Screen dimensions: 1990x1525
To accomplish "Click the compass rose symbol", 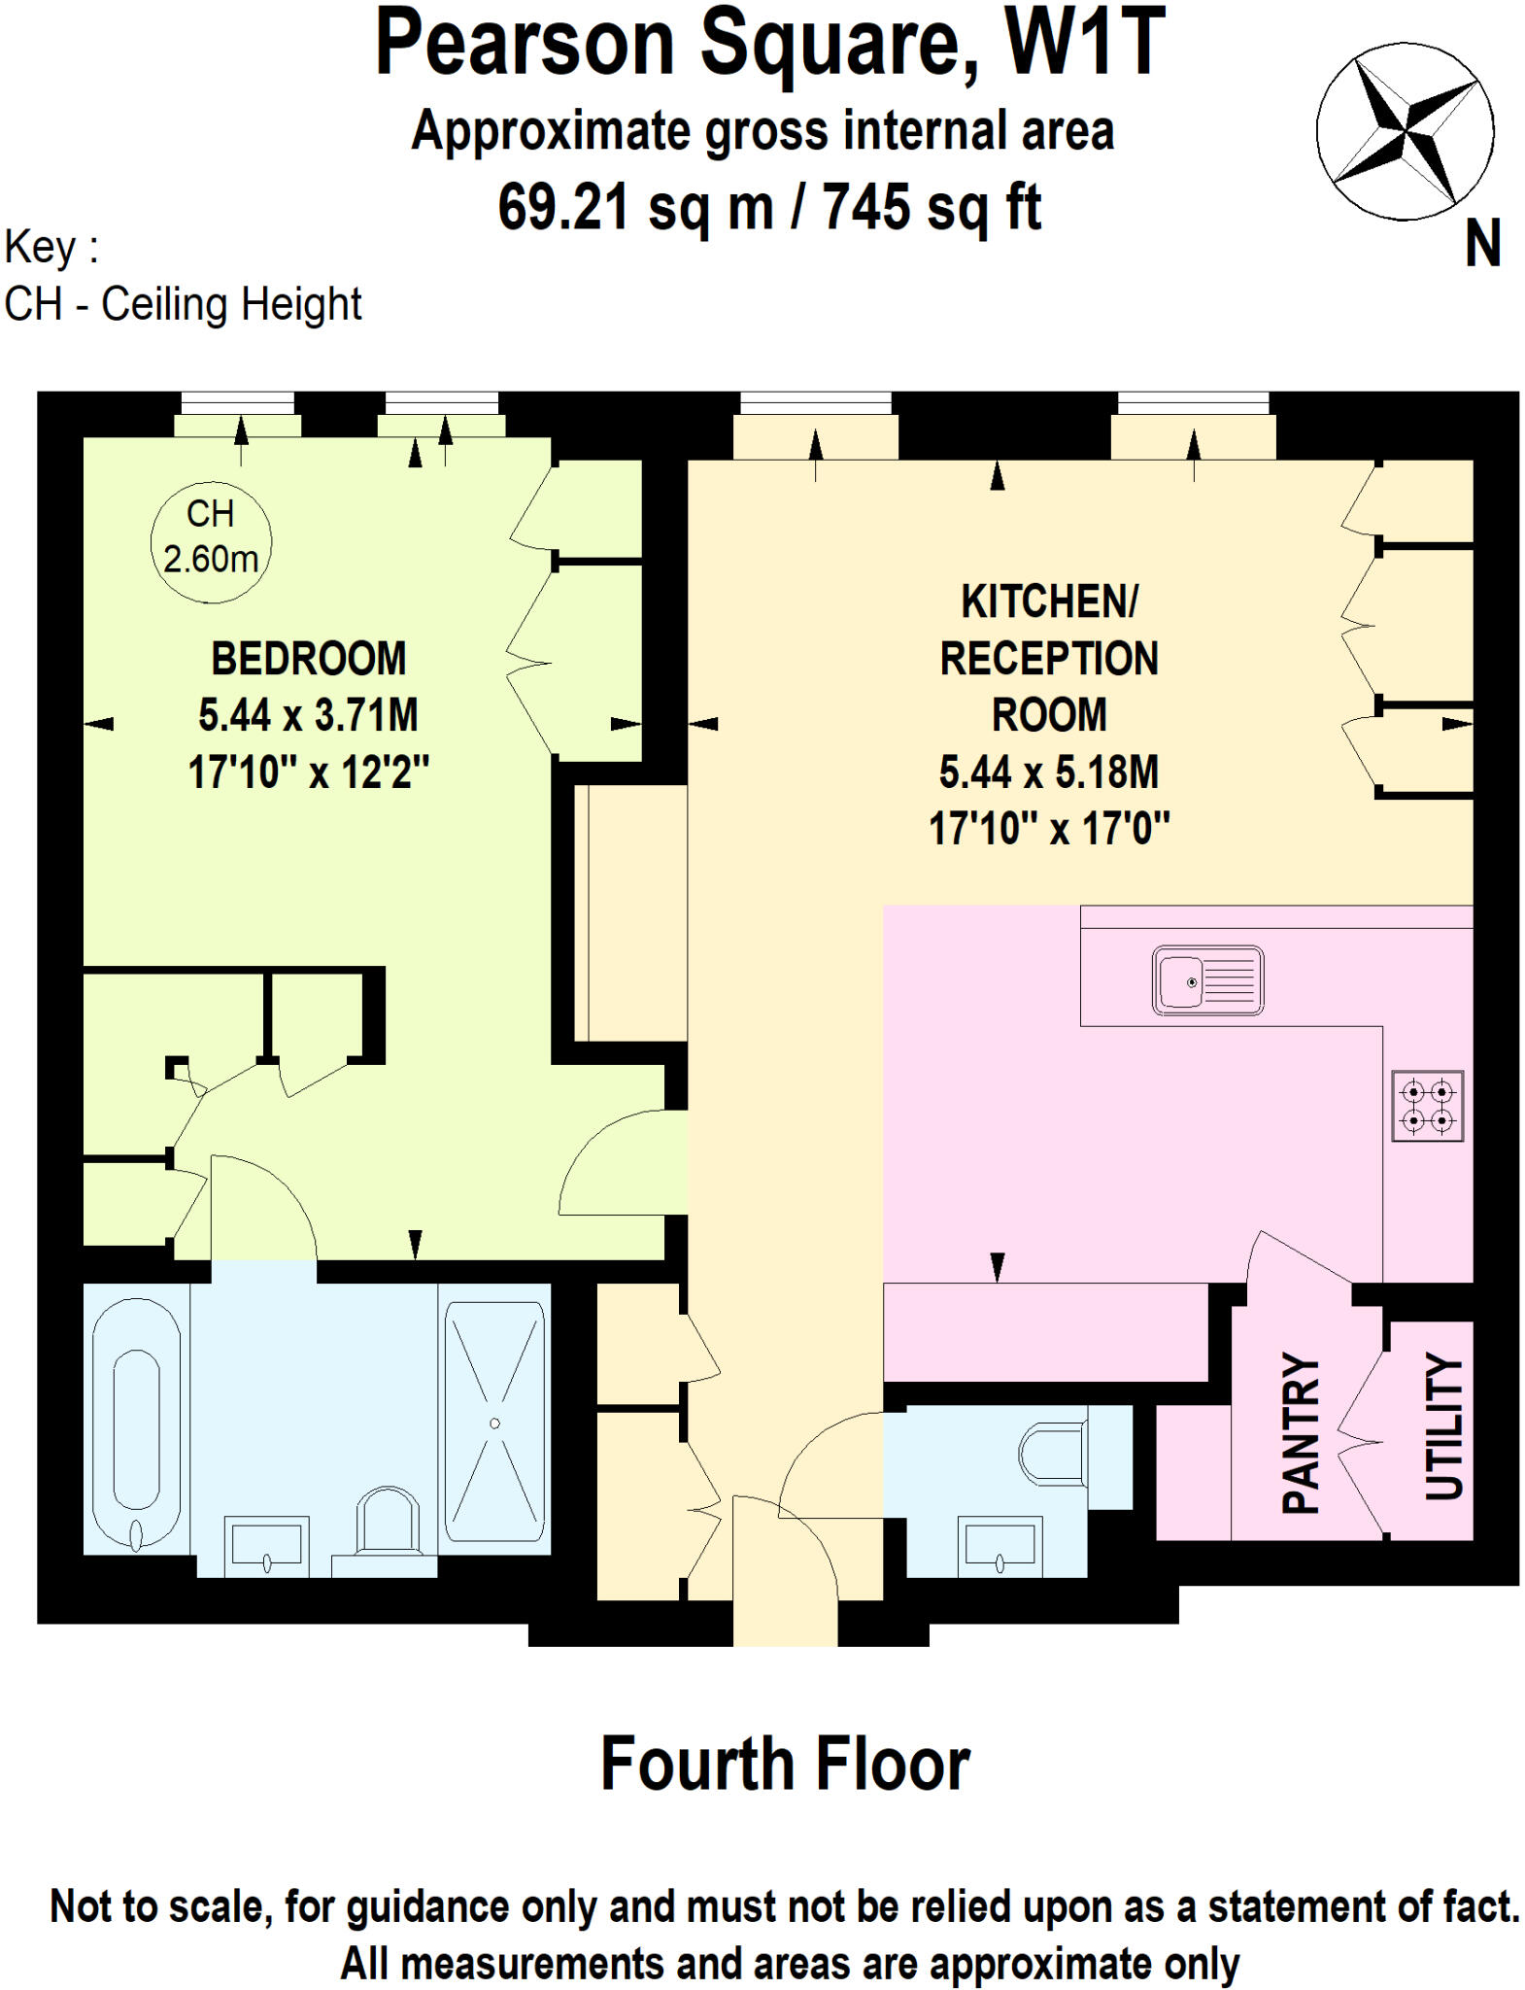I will click(1404, 130).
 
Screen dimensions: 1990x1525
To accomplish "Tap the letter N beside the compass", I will click(1481, 243).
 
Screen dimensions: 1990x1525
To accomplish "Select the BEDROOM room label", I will click(309, 659).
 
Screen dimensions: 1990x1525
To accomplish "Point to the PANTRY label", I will click(1301, 1432).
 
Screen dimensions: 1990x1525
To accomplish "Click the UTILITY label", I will click(1443, 1425).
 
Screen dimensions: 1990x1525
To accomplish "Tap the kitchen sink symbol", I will click(1207, 980).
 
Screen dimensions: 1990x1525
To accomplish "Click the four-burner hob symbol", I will click(1427, 1106).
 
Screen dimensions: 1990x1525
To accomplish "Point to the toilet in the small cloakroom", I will click(1053, 1454).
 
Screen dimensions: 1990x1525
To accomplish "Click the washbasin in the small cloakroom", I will click(1000, 1547).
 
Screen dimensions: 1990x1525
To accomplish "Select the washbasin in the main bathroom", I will click(267, 1547).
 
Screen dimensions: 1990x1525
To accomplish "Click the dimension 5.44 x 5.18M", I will click(1048, 772).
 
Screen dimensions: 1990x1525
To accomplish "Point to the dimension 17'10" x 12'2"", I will click(309, 772).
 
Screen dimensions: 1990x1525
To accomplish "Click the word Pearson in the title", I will click(525, 44).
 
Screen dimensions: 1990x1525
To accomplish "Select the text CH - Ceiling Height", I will click(184, 304).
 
